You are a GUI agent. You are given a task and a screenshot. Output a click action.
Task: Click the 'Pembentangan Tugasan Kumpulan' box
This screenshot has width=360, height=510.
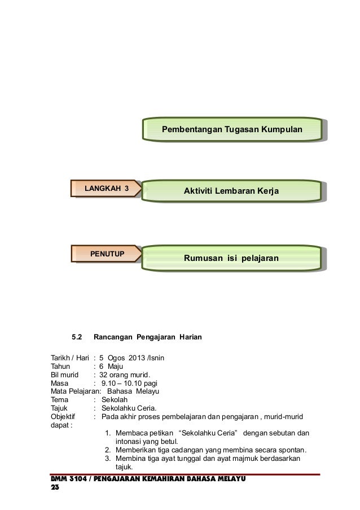(232, 130)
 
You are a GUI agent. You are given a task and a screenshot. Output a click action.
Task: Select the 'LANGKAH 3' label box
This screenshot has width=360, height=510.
(107, 188)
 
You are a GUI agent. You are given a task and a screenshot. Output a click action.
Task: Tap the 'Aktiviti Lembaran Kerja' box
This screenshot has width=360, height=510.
(232, 193)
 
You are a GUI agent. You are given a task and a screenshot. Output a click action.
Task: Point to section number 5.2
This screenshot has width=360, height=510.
(77, 338)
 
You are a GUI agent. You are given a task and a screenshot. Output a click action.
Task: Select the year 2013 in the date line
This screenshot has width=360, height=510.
(137, 358)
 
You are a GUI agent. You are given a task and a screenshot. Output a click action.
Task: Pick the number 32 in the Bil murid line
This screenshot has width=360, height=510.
(104, 375)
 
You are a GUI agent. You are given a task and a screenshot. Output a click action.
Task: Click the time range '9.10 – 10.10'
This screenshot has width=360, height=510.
(125, 383)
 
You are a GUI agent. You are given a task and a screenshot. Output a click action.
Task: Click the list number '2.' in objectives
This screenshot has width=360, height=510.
(108, 450)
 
